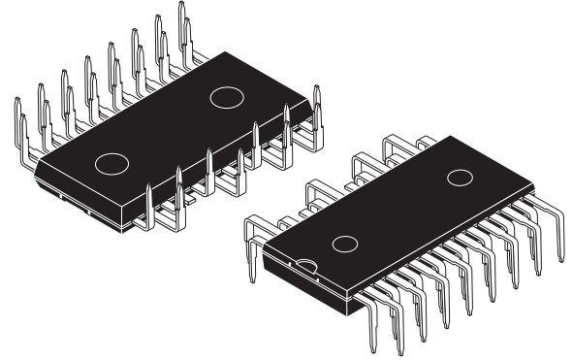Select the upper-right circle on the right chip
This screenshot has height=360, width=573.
459,178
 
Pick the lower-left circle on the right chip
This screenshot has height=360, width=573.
344,243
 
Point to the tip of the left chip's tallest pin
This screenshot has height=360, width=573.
181,4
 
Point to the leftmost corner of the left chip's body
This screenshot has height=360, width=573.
35,167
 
